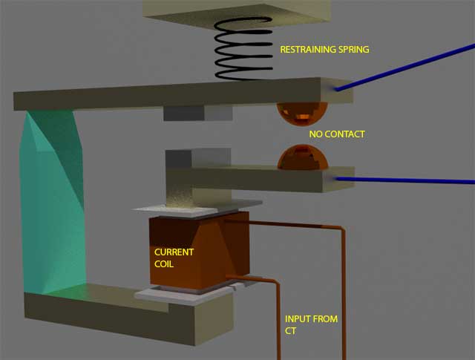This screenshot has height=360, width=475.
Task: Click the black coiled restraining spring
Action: (242, 50)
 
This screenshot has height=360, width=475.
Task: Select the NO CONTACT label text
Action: (337, 135)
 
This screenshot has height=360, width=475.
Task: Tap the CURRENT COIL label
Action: (174, 258)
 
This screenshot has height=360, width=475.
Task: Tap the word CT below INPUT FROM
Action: (291, 330)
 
